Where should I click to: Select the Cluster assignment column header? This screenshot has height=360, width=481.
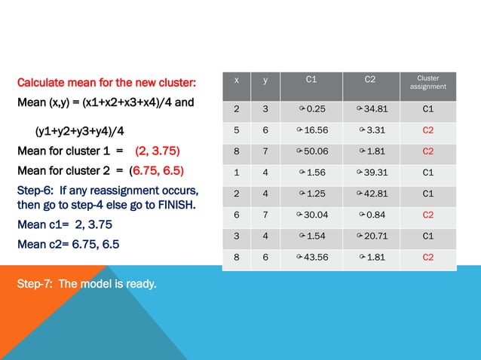[427, 83]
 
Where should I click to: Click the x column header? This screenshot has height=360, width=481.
[237, 79]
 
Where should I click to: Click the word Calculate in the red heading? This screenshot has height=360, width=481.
[41, 82]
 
